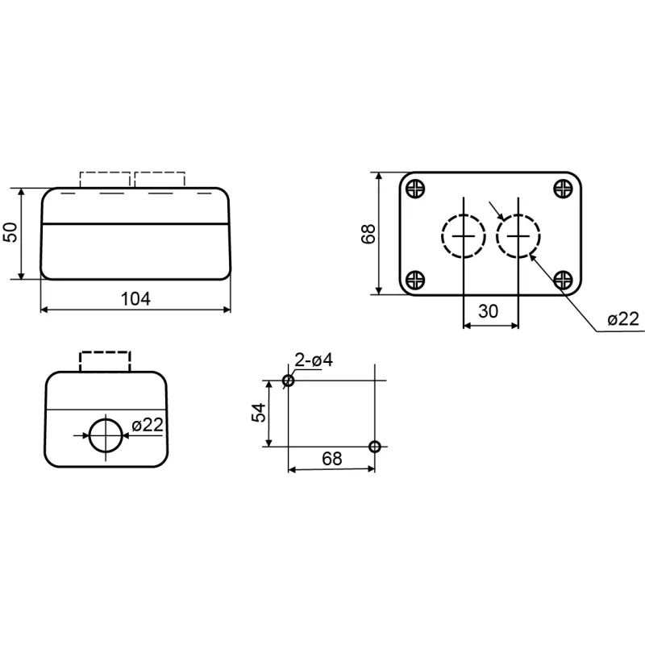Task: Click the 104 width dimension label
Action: coord(135,299)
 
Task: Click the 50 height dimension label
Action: coord(11,232)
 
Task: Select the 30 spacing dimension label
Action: coord(489,311)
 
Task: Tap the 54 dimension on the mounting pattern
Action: coord(259,413)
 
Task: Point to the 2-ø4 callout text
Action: coord(314,360)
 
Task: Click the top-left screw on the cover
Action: coord(415,189)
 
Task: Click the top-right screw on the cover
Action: coord(563,189)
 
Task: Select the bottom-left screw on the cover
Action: coord(415,280)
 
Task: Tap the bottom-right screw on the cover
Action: coord(563,280)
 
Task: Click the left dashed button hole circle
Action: coord(442,236)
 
